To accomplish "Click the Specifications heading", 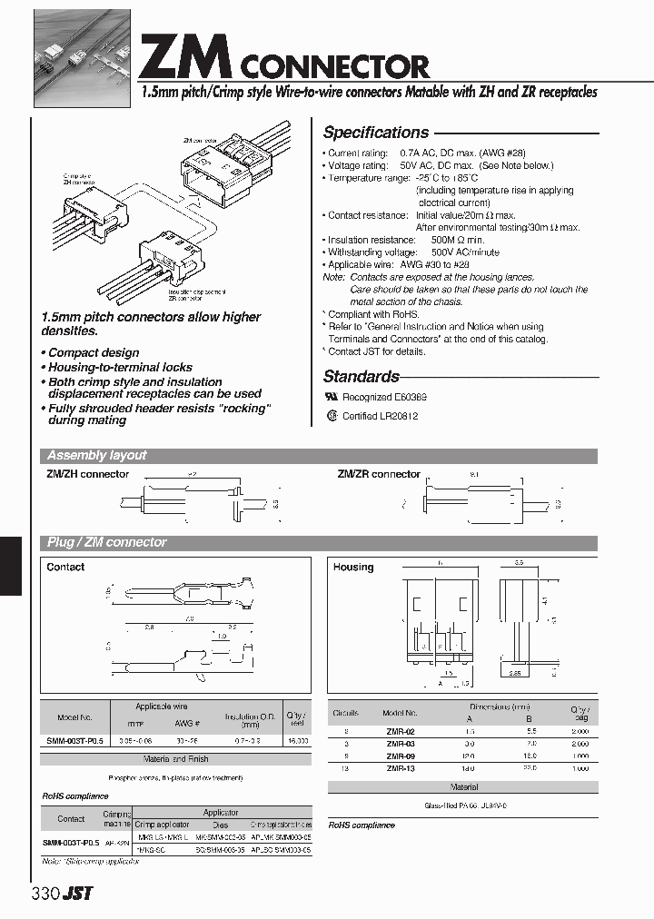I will coord(375,133).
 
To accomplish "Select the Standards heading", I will coord(361,377).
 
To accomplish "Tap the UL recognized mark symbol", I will coord(332,398).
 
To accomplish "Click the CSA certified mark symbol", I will coord(332,416).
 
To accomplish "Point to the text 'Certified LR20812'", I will coord(380,416).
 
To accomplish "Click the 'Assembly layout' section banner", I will coord(96,456).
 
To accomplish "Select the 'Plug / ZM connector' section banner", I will coord(106,543).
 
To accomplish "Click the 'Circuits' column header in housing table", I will coord(345,714).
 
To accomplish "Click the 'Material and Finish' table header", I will coord(175,758).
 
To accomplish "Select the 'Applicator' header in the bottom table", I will coord(221,813).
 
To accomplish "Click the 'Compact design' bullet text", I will coord(93,352).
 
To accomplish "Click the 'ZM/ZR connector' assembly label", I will coord(379,474).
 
